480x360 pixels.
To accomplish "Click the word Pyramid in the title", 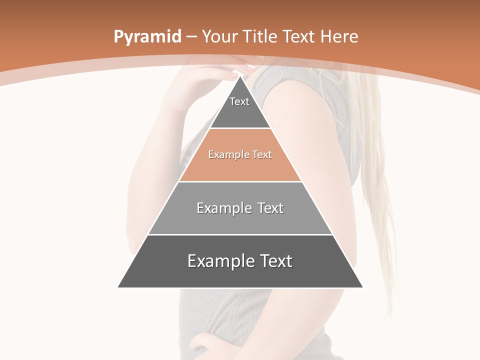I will pos(147,37).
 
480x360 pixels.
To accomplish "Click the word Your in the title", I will pos(220,36).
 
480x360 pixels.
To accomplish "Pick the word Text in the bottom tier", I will pos(275,261).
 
